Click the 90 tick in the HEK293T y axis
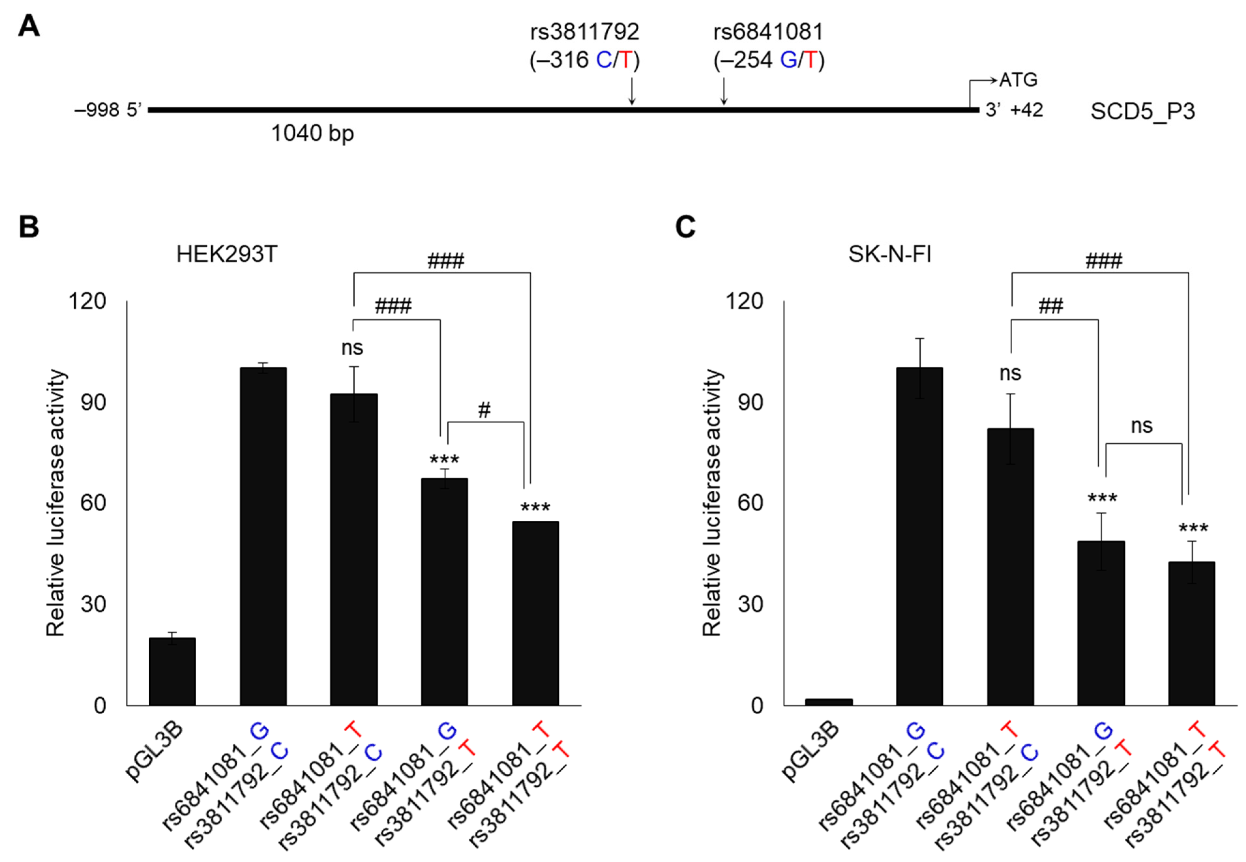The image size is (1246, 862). [93, 402]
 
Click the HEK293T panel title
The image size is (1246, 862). [227, 254]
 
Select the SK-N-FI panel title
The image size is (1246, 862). [890, 254]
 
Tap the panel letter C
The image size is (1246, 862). [685, 227]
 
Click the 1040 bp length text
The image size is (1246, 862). [312, 133]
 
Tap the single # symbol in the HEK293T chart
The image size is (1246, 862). [484, 410]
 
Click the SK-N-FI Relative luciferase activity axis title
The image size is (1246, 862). [712, 502]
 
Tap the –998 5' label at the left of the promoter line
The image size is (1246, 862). [108, 110]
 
